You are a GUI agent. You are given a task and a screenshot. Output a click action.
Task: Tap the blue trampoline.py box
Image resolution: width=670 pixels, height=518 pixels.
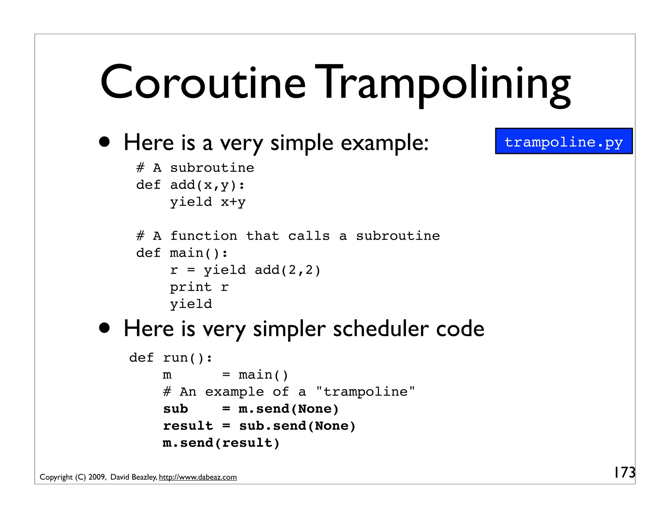click(564, 141)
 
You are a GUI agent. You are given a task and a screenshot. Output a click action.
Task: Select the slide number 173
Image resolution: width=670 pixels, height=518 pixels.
click(624, 472)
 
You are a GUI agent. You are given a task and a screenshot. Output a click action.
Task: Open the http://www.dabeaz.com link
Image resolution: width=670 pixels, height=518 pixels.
click(198, 477)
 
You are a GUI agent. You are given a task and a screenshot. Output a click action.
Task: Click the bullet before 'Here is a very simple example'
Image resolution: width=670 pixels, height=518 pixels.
click(105, 142)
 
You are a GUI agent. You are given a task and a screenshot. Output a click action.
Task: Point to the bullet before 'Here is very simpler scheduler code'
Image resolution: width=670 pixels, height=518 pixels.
click(105, 328)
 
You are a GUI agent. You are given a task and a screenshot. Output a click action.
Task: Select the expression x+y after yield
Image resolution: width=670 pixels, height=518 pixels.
click(233, 202)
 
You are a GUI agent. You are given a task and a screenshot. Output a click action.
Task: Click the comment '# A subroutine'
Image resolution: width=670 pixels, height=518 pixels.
click(195, 168)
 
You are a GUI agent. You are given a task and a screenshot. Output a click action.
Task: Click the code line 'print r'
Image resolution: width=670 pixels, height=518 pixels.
click(199, 287)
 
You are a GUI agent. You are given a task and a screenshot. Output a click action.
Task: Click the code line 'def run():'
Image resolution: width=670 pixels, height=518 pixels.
click(171, 358)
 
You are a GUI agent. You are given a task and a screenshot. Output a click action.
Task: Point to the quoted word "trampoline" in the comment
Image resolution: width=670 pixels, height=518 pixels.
click(365, 392)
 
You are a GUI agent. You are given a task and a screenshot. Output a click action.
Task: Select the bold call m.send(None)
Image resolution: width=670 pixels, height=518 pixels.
click(289, 409)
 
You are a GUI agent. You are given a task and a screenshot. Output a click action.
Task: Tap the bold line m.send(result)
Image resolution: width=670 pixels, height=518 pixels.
click(221, 443)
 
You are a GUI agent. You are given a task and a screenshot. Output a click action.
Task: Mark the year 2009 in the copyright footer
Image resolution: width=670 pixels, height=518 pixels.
click(97, 477)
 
